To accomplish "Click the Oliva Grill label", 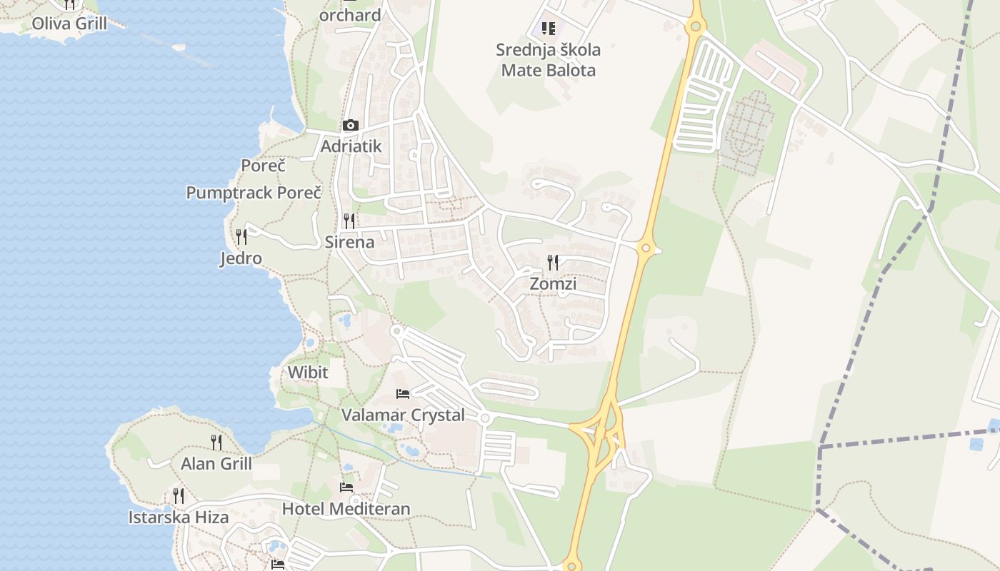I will pos(69,24).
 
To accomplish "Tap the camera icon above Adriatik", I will pos(350,126).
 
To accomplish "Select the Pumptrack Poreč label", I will pos(254,193).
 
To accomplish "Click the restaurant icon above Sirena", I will pos(349,221).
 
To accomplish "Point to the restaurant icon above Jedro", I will pos(241,236).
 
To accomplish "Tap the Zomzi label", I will pos(553,284).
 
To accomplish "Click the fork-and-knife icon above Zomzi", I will pos(553,263).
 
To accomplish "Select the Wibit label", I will pos(308,372).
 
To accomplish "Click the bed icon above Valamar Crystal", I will pos(403,394).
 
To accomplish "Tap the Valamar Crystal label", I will pos(403,415).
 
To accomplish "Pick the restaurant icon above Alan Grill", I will pos(216,443).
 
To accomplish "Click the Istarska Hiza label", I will pos(179,517).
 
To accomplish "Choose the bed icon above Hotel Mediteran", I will pos(346,487).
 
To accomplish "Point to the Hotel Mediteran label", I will pos(346,509).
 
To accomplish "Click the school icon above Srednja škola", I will pos(549,29).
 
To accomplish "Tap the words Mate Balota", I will pos(549,71).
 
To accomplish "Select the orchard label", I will pos(350,15).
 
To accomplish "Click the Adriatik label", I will pos(351,146).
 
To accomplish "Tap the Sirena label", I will pos(349,242).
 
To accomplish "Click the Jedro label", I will pos(241,258).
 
